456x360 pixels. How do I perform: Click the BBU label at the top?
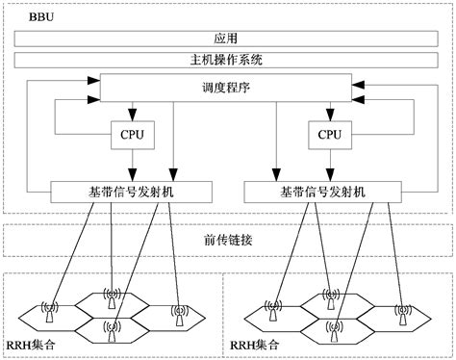pyautogui.click(x=29, y=18)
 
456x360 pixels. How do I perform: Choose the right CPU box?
pyautogui.click(x=330, y=136)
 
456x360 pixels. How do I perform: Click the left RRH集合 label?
pyautogui.click(x=33, y=343)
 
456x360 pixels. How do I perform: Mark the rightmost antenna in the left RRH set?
pyautogui.click(x=178, y=311)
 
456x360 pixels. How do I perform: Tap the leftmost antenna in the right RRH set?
pyautogui.click(x=273, y=311)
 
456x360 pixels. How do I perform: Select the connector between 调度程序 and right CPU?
pyautogui.click(x=330, y=113)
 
